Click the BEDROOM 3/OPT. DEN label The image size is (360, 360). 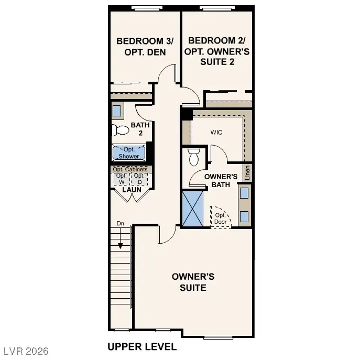141,46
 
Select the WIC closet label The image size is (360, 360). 216,132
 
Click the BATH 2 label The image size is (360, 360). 140,129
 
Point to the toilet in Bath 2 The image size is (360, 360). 121,129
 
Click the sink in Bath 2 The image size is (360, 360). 117,111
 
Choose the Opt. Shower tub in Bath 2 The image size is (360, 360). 128,153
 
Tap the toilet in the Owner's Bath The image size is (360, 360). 193,156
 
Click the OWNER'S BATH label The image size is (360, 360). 217,181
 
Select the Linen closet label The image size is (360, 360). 248,172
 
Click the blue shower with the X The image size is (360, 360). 192,209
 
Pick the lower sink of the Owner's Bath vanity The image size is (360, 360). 244,215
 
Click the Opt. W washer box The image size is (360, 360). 122,179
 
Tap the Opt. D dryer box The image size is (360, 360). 139,179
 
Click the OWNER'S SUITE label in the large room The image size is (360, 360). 193,282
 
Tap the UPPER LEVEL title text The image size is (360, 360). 141,346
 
